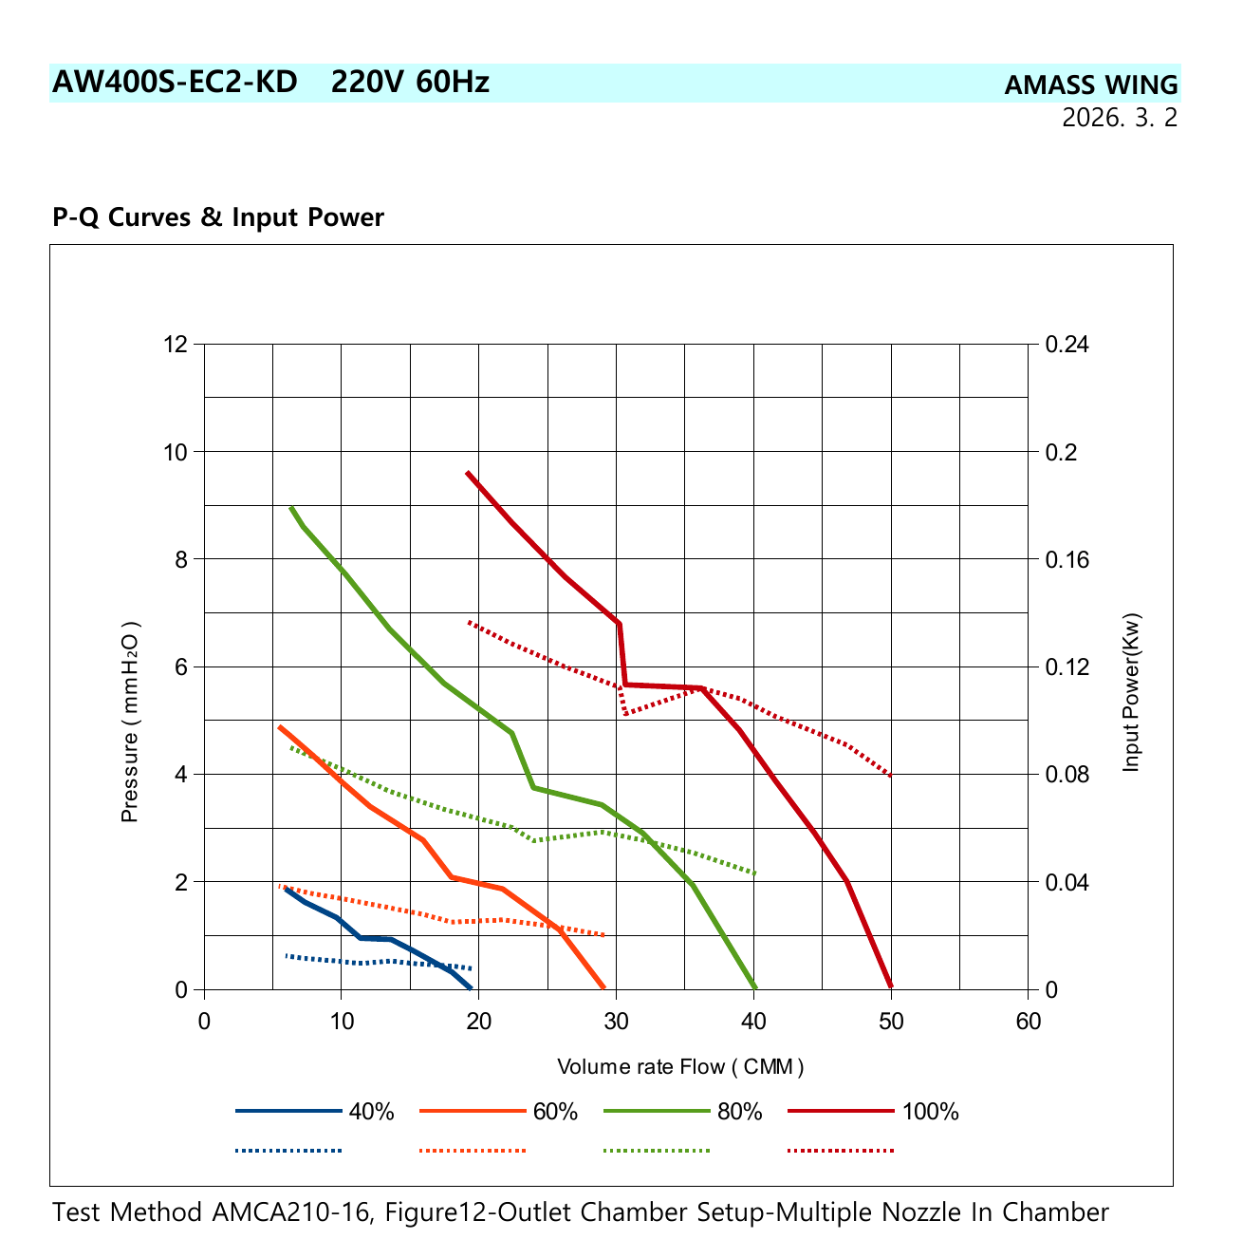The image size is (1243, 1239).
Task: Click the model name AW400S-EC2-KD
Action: coord(175,83)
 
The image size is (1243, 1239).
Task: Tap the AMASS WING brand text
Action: coord(1091,85)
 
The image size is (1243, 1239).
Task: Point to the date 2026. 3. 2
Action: coord(1119,118)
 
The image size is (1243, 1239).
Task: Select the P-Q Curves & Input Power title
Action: coord(218,216)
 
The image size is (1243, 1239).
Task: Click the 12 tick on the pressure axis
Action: coord(176,344)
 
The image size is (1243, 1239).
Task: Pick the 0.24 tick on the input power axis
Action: coord(1067,344)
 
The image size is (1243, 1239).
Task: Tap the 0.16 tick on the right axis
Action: coord(1067,559)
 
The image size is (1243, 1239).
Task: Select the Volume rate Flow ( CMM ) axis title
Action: coord(680,1066)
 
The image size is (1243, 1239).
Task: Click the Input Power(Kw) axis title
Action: coord(1131,691)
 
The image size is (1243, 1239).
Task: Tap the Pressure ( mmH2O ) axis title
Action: coord(130,722)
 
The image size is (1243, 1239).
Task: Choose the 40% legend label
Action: coord(372,1111)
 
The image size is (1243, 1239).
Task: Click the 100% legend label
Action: coord(930,1111)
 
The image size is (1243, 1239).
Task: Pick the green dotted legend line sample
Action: coord(657,1151)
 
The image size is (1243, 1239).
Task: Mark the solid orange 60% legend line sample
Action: coord(473,1111)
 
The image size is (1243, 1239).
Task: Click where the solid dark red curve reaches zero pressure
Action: coord(891,987)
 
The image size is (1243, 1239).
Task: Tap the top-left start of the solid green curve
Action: coord(291,508)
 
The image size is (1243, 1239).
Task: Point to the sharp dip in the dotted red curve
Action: coord(625,714)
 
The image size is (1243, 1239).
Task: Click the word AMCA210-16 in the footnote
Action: coord(293,1211)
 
